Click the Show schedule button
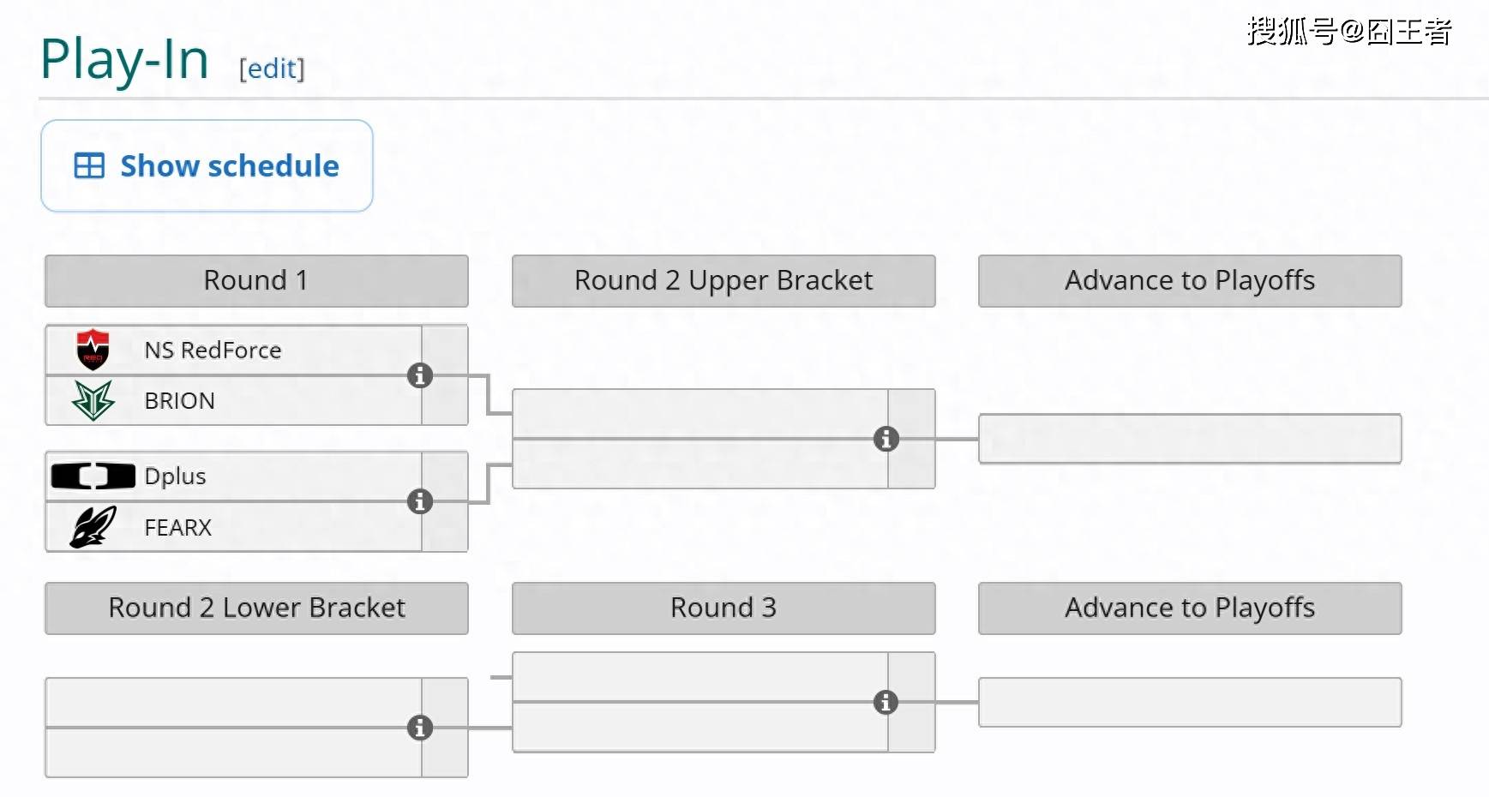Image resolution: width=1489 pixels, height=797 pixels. pyautogui.click(x=207, y=165)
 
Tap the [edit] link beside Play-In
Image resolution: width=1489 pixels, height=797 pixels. pyautogui.click(x=272, y=69)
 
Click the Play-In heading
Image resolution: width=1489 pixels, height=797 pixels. pyautogui.click(x=124, y=60)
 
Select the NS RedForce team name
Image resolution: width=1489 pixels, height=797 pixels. pyautogui.click(x=213, y=350)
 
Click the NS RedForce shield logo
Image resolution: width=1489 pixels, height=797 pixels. pyautogui.click(x=93, y=350)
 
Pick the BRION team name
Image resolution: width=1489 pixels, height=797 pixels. pyautogui.click(x=179, y=400)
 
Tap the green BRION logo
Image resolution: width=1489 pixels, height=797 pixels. pyautogui.click(x=93, y=400)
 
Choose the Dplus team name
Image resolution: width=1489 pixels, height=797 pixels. pyautogui.click(x=175, y=476)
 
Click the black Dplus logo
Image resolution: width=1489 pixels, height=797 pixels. pyautogui.click(x=93, y=476)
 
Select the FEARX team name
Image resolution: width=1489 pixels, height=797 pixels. pyautogui.click(x=177, y=527)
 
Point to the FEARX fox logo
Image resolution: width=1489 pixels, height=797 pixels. pyautogui.click(x=93, y=526)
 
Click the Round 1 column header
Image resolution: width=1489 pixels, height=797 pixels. pyautogui.click(x=256, y=281)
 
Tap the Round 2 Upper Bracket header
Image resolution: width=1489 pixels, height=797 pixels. pyautogui.click(x=723, y=281)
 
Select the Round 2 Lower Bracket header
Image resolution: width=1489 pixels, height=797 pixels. pyautogui.click(x=256, y=608)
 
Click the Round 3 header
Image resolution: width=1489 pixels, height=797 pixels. pyautogui.click(x=723, y=608)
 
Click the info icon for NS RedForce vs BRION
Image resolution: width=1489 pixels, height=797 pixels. pyautogui.click(x=420, y=375)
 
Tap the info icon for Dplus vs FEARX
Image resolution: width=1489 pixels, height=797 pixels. pyautogui.click(x=420, y=501)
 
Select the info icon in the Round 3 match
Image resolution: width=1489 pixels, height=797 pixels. pyautogui.click(x=886, y=702)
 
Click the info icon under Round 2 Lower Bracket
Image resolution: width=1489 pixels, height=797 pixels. pyautogui.click(x=420, y=728)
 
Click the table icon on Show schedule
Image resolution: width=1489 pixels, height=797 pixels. pyautogui.click(x=89, y=165)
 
